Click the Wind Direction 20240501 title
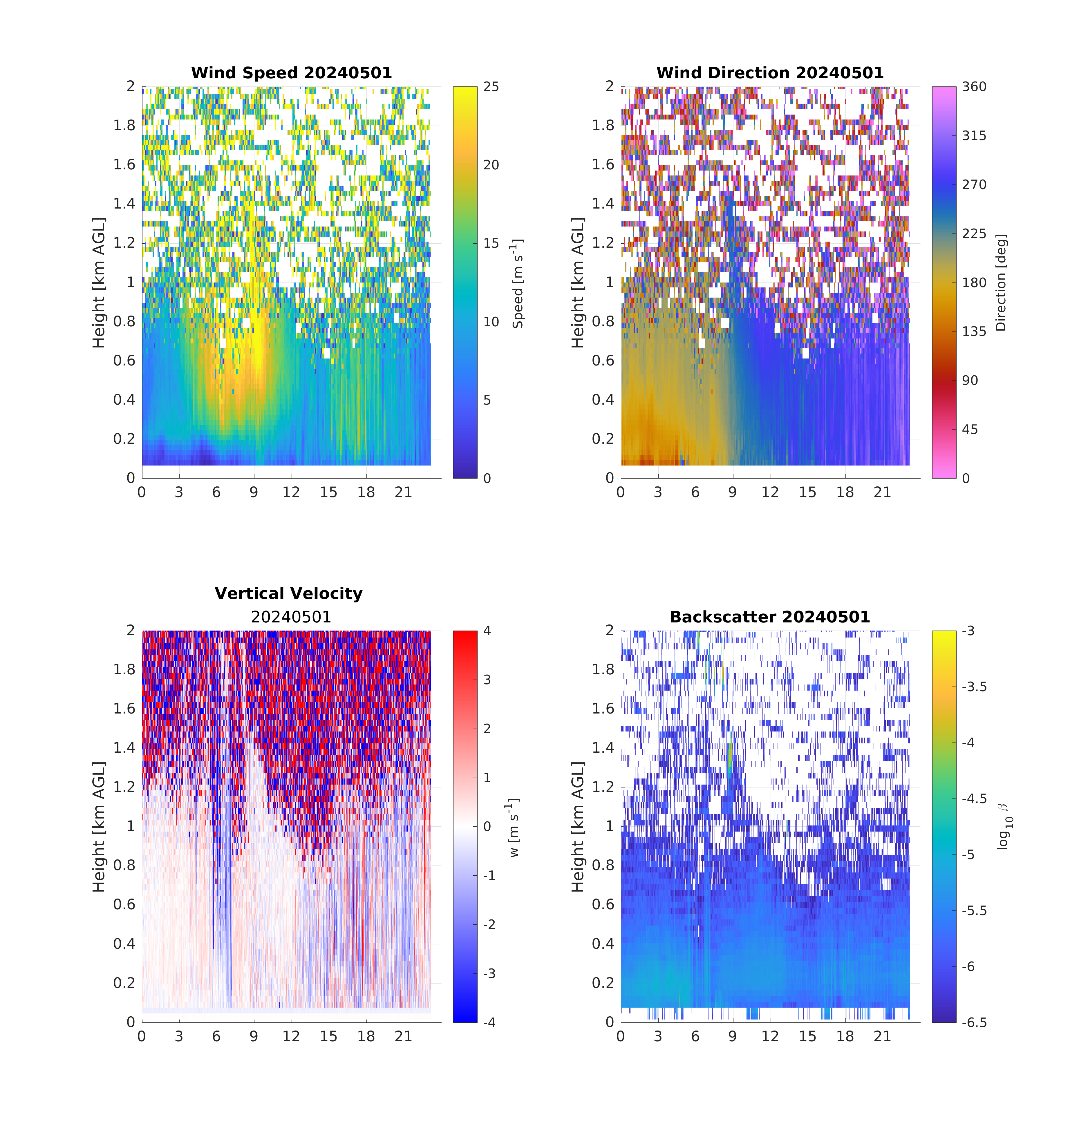coord(770,73)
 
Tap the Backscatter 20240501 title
coord(770,617)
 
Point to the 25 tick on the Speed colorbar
coord(491,87)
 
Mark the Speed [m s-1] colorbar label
coord(517,283)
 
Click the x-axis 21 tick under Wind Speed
coord(403,493)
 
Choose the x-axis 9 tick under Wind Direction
coord(733,493)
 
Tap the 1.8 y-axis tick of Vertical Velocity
coord(124,670)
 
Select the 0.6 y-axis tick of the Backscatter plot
coord(603,904)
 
